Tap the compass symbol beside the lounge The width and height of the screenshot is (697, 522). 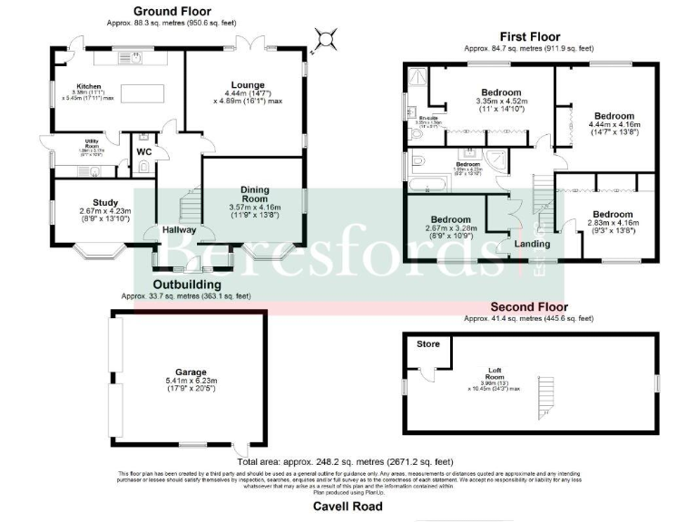[327, 38]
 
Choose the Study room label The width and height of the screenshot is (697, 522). [105, 202]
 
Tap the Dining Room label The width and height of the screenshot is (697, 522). [255, 195]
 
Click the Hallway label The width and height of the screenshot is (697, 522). [179, 230]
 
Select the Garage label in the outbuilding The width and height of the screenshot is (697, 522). [191, 372]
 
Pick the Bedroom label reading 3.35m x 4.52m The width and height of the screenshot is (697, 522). [501, 93]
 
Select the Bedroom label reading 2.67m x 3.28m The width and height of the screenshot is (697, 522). [450, 220]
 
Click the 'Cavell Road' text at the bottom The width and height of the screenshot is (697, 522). [348, 506]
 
